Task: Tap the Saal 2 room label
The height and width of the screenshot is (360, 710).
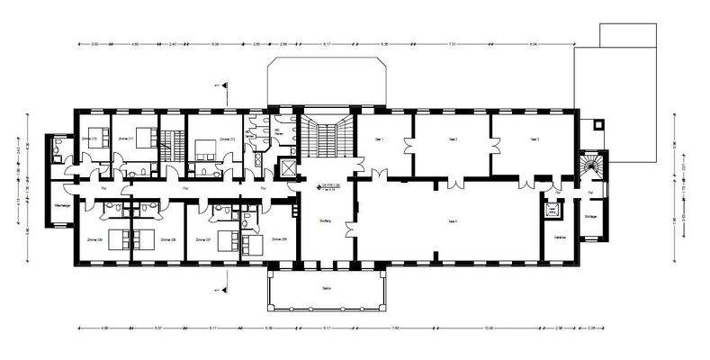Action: click(454, 139)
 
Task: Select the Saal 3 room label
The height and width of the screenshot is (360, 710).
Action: click(535, 139)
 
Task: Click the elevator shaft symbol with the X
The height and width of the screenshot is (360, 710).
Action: click(288, 167)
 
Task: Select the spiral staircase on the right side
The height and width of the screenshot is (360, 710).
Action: click(590, 166)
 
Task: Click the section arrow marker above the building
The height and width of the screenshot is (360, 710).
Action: click(223, 85)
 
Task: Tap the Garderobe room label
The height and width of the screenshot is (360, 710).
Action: click(558, 237)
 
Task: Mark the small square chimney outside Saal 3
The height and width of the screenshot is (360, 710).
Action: click(598, 122)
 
